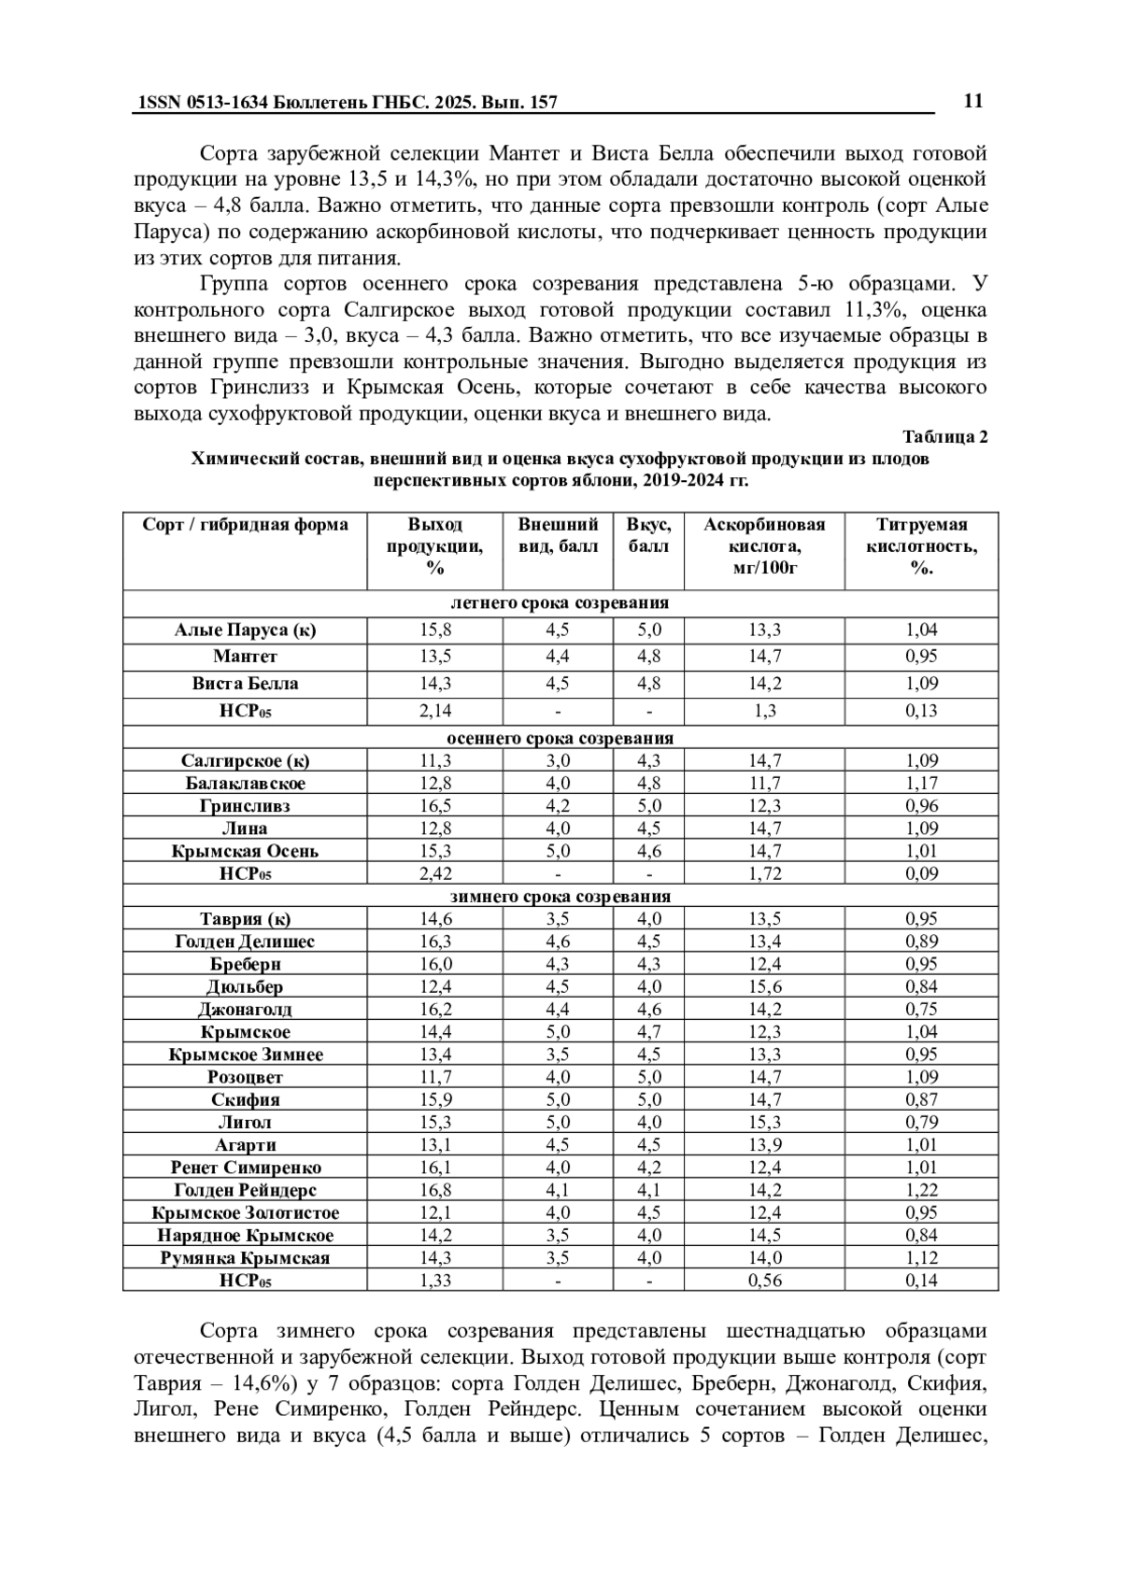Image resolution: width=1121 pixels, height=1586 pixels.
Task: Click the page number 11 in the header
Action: click(972, 101)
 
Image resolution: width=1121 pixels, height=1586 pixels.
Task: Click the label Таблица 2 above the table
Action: click(944, 436)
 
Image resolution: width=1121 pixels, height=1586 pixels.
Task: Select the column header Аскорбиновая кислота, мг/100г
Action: click(764, 546)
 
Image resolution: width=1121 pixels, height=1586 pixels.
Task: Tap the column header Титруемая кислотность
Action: click(921, 546)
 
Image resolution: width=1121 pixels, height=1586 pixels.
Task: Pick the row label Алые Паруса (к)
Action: click(245, 630)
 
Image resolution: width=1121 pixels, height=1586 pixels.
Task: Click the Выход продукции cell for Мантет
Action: click(434, 657)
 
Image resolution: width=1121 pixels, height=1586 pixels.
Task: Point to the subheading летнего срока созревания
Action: click(560, 602)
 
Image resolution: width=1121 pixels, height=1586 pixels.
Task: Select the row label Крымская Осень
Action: click(245, 851)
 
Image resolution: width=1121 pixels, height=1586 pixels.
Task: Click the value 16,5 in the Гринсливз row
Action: click(434, 805)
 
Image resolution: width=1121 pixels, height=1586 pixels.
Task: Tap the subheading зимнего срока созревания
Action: click(560, 896)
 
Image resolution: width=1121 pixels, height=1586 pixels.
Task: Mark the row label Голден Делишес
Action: click(245, 942)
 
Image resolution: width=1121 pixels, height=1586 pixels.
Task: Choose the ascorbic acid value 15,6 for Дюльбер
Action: click(764, 986)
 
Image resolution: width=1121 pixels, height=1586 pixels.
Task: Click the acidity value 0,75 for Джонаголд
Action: click(921, 1009)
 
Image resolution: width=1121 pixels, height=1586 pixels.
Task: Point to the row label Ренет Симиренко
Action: click(245, 1168)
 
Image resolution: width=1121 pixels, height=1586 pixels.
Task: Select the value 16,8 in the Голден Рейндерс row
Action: click(434, 1190)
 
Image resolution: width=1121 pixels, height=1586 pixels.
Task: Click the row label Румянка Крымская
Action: click(245, 1258)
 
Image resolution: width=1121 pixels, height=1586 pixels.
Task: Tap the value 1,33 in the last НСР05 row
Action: click(434, 1281)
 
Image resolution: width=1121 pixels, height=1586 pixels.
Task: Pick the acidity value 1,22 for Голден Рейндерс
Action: click(921, 1190)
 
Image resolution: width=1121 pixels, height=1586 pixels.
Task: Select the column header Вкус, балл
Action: click(648, 535)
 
